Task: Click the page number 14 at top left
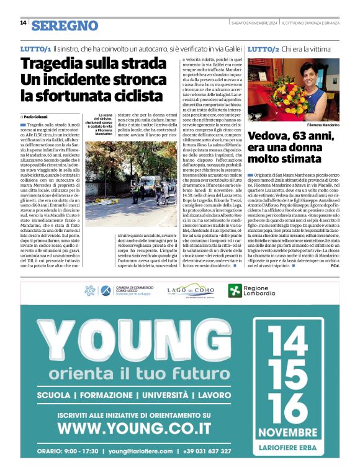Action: click(23, 23)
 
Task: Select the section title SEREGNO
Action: click(65, 25)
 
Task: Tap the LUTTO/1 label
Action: click(35, 48)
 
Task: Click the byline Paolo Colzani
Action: click(38, 117)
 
